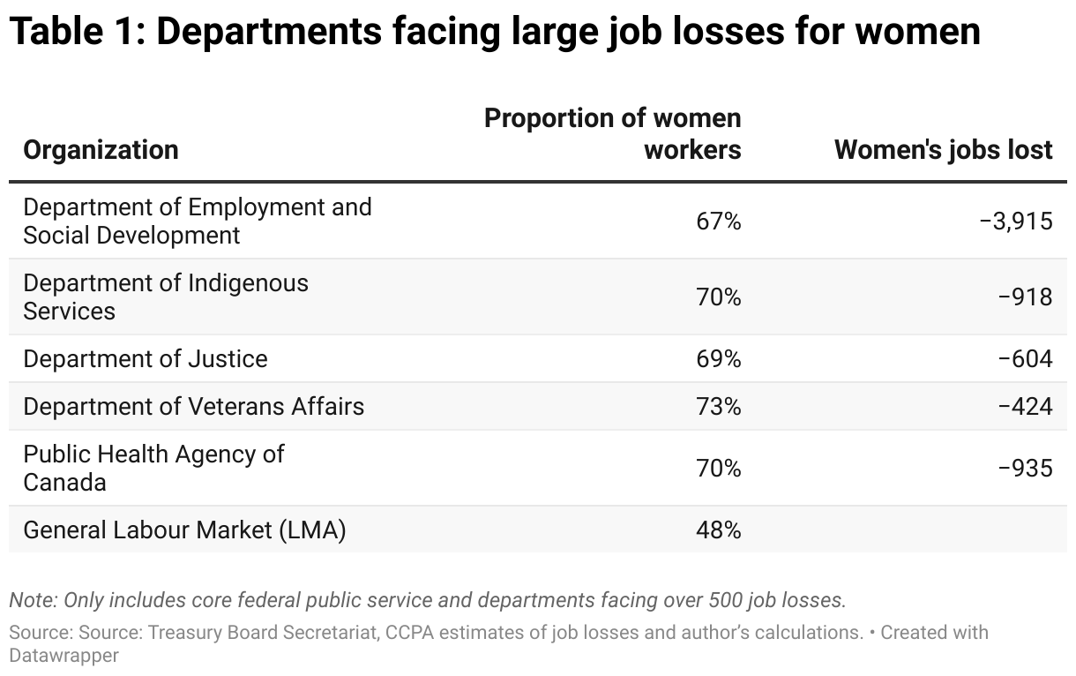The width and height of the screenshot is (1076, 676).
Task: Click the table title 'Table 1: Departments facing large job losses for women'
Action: pyautogui.click(x=494, y=32)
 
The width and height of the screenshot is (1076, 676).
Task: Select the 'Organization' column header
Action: pyautogui.click(x=101, y=150)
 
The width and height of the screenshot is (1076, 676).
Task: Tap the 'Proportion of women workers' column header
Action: pyautogui.click(x=613, y=133)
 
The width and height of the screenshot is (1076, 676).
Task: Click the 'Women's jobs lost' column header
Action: pyautogui.click(x=943, y=150)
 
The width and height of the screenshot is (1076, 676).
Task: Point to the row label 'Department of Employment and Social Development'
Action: pyautogui.click(x=197, y=221)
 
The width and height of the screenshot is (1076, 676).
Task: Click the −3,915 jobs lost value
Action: pyautogui.click(x=1016, y=221)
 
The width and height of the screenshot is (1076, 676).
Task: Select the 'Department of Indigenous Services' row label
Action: pyautogui.click(x=166, y=297)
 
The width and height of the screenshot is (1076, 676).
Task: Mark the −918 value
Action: pyautogui.click(x=1025, y=297)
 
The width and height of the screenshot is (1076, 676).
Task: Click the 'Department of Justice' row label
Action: pyautogui.click(x=146, y=359)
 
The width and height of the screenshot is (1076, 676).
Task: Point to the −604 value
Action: pyautogui.click(x=1025, y=359)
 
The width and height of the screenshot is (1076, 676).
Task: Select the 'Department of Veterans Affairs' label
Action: pyautogui.click(x=193, y=407)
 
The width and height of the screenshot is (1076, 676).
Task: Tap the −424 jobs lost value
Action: pyautogui.click(x=1025, y=407)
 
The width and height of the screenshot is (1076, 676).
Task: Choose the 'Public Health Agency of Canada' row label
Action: pyautogui.click(x=153, y=468)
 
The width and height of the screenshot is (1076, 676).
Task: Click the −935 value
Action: pyautogui.click(x=1025, y=468)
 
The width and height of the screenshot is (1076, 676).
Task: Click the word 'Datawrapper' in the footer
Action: pyautogui.click(x=64, y=656)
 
